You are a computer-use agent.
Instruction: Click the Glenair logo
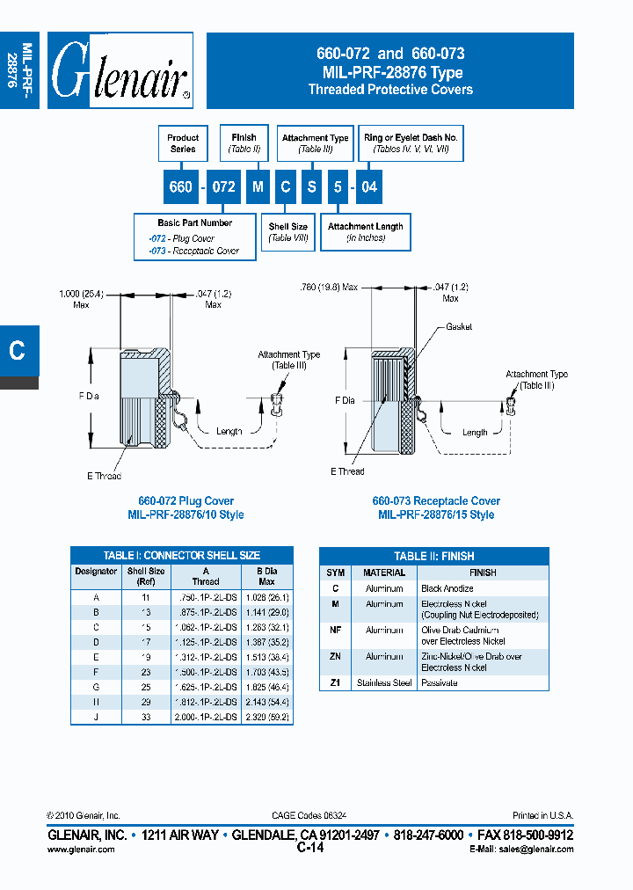coord(120,70)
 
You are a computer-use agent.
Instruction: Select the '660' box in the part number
coord(180,187)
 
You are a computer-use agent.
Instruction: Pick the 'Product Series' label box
coord(183,143)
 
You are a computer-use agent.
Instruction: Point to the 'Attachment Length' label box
coord(365,232)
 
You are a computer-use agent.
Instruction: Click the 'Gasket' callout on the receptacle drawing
coord(458,326)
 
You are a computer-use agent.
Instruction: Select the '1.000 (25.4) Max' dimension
coord(81,298)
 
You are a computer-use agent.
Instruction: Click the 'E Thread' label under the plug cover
coord(104,476)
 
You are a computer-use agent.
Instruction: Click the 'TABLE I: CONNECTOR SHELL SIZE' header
coord(181,556)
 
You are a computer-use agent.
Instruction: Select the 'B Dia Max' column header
coord(266,576)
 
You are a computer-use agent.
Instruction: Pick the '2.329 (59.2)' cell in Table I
coord(266,718)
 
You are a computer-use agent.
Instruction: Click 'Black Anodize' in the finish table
coord(447,588)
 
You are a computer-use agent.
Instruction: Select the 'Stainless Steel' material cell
coord(384,682)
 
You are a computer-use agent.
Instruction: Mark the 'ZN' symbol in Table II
coord(335,657)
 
